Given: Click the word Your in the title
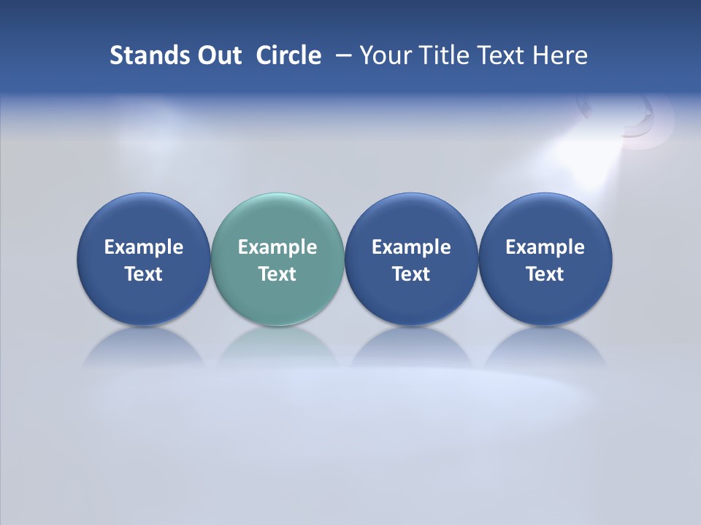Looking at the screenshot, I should click(x=383, y=55).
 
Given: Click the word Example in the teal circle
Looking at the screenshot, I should click(x=277, y=247).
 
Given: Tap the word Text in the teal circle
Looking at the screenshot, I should click(x=277, y=274).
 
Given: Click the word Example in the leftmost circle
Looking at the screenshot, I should click(x=144, y=247).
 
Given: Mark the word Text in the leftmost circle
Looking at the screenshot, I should click(x=144, y=274).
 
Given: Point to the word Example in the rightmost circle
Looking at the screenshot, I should click(x=545, y=247).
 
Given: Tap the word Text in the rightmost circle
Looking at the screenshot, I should click(x=545, y=274).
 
